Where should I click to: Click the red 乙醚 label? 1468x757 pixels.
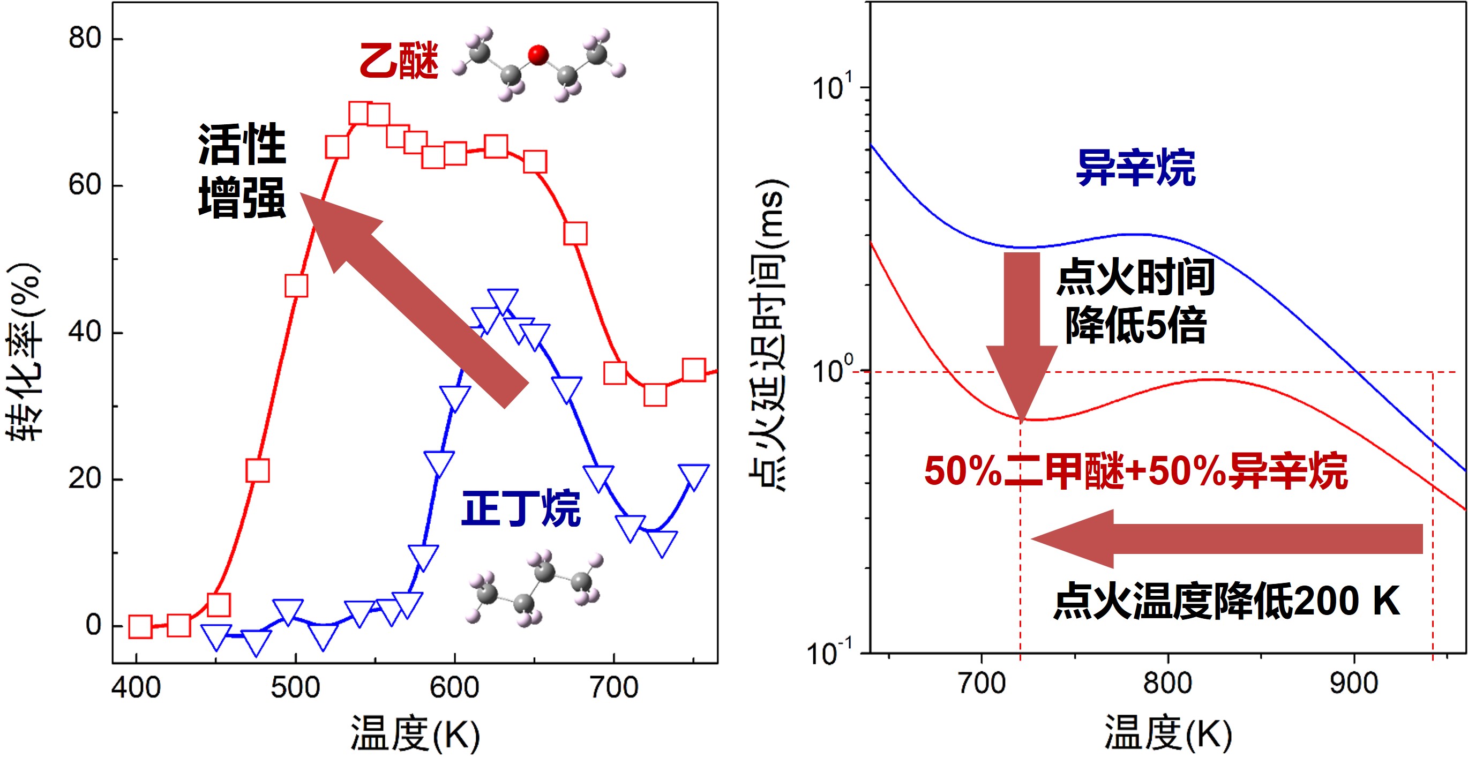coord(399,61)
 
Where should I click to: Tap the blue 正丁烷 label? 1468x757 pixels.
coord(520,508)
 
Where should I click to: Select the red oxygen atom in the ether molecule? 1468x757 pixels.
coord(538,55)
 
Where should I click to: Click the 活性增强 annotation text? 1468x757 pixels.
coord(242,171)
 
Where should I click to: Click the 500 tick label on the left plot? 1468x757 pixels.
coord(295,687)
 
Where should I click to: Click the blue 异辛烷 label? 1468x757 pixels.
coord(1135,168)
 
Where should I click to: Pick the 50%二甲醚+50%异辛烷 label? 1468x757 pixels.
coord(1135,472)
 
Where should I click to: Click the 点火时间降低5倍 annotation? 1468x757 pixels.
coord(1135,301)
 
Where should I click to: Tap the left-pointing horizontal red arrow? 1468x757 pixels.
coord(1225,538)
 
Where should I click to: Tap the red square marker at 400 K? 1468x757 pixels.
coord(140,626)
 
